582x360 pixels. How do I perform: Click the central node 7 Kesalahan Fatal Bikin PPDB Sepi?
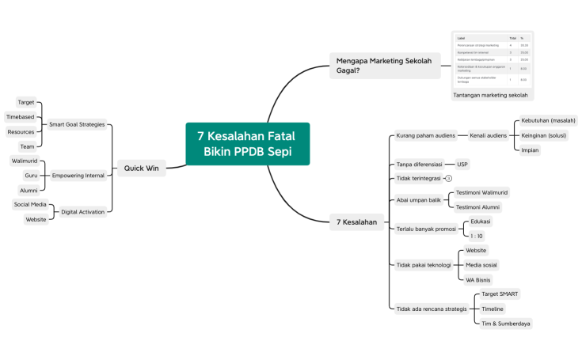(x=247, y=144)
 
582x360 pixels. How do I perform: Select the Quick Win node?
(x=142, y=168)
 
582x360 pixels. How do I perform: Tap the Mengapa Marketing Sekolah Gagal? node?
(x=385, y=65)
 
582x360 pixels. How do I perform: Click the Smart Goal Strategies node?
(x=77, y=124)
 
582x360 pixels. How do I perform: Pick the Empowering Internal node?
(x=78, y=175)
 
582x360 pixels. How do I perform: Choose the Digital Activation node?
(x=82, y=211)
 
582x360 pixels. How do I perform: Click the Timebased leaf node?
(x=20, y=117)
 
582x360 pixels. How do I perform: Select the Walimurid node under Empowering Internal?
(x=24, y=161)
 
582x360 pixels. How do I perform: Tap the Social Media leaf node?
(x=30, y=204)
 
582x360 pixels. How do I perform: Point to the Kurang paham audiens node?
(x=426, y=135)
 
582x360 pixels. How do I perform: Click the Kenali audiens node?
(x=489, y=135)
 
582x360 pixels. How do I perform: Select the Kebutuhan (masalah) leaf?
(x=548, y=120)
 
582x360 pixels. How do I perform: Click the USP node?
(x=462, y=165)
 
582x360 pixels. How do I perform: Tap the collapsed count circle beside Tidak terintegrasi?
(x=448, y=179)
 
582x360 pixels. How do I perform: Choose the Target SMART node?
(x=500, y=294)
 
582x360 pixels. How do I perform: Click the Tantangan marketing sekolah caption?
(x=490, y=95)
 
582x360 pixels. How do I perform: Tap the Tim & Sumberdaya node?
(x=506, y=323)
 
